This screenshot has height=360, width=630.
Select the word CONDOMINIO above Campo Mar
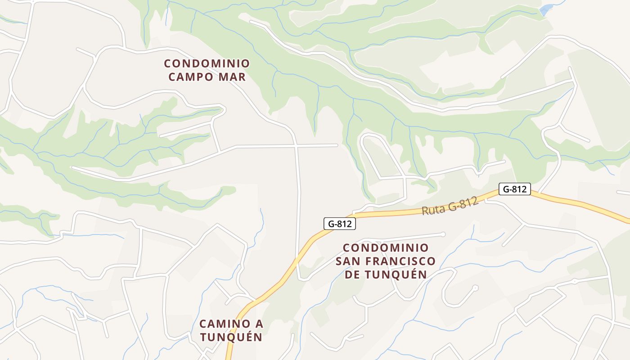tap(207, 63)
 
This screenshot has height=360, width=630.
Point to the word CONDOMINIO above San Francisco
tap(386, 248)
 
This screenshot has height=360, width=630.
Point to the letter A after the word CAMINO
tap(259, 324)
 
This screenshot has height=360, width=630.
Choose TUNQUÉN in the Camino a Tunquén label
tap(231, 337)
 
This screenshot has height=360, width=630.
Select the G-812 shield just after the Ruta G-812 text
tap(514, 189)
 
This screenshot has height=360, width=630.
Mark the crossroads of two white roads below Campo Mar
tap(296, 146)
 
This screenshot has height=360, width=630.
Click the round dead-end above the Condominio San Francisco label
tap(443, 234)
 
